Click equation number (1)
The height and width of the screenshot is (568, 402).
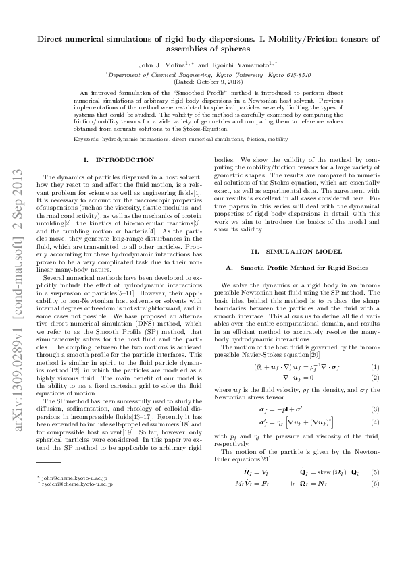[375, 366]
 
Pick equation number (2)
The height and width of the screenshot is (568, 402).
[375, 378]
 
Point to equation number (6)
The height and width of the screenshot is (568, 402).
[375, 484]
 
